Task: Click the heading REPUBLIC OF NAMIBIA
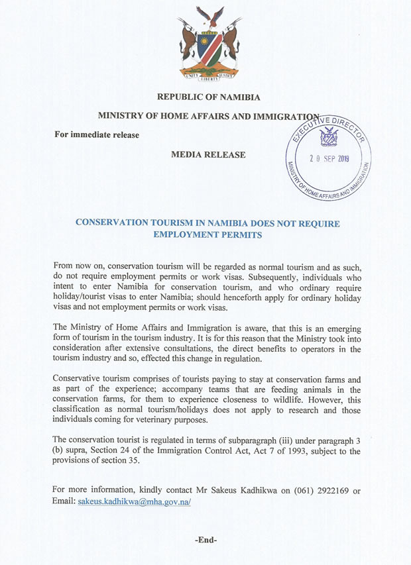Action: [209, 97]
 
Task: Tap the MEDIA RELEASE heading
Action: [208, 155]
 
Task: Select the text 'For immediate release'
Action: [97, 135]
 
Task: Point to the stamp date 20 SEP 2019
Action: [329, 159]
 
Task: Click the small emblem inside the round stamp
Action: [328, 137]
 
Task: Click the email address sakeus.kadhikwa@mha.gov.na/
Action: [135, 502]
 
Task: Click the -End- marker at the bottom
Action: [206, 540]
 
